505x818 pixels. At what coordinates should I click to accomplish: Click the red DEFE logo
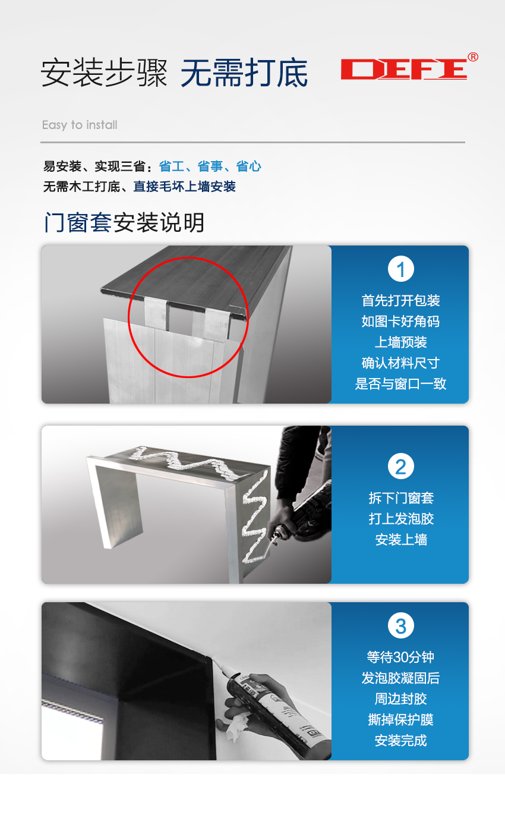[x=404, y=69]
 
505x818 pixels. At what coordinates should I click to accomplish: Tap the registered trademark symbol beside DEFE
[x=473, y=57]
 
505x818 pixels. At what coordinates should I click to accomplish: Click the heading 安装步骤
[x=105, y=73]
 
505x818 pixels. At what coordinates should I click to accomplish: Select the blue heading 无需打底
[x=244, y=73]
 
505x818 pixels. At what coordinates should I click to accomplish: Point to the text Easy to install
[x=80, y=125]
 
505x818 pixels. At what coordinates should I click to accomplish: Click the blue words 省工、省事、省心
[x=210, y=166]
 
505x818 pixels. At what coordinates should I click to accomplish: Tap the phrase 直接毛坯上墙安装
[x=184, y=187]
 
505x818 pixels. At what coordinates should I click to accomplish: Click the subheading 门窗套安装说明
[x=124, y=222]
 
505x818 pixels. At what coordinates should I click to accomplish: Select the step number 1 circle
[x=400, y=269]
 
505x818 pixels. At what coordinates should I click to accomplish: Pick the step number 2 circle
[x=400, y=466]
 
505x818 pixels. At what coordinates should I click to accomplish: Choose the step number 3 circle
[x=400, y=625]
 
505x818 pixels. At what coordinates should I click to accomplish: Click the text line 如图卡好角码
[x=400, y=322]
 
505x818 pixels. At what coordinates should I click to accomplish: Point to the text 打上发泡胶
[x=401, y=518]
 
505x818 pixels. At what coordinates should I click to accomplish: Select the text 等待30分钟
[x=400, y=657]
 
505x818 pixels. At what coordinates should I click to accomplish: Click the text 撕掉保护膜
[x=400, y=719]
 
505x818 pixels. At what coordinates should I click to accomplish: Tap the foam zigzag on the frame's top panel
[x=185, y=463]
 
